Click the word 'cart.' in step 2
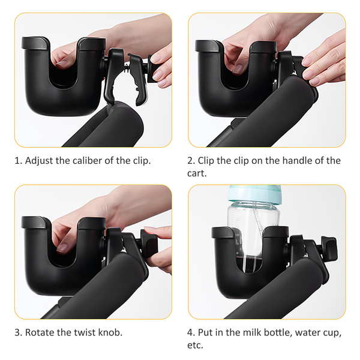pos(197,173)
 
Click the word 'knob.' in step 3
pos(110,332)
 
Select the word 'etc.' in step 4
pos(195,346)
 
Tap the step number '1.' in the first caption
pos(19,161)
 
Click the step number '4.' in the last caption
pos(191,332)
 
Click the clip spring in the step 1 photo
pos(127,68)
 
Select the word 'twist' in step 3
pos(85,332)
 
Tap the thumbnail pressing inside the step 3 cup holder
pos(62,248)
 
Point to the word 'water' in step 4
pos(306,332)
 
